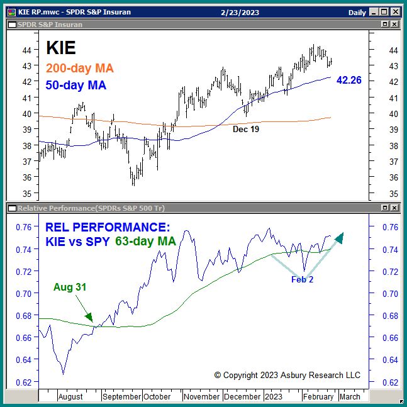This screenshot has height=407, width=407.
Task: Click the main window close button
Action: (395, 12)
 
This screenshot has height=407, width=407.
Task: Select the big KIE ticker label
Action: (61, 48)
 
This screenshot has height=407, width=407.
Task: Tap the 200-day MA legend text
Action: (80, 69)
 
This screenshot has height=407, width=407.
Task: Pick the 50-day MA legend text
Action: (77, 86)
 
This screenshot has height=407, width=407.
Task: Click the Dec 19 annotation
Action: (246, 128)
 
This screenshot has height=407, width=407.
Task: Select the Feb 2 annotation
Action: (302, 279)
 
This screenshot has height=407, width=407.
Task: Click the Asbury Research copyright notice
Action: (287, 375)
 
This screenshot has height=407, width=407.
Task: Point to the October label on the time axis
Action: (157, 397)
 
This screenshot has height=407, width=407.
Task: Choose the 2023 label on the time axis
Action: (274, 397)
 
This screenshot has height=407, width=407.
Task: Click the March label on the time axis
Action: (350, 397)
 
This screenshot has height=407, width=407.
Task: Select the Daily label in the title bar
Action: (357, 13)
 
